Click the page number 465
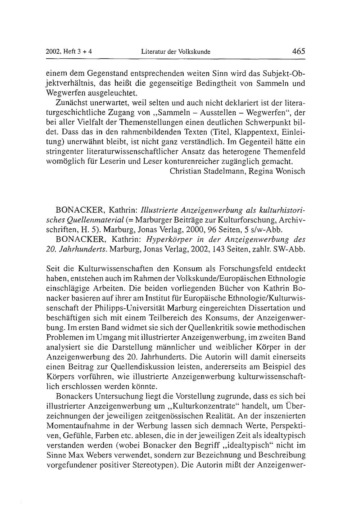[x=299, y=51]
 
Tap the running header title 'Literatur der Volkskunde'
[x=176, y=52]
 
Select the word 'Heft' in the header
[x=71, y=52]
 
